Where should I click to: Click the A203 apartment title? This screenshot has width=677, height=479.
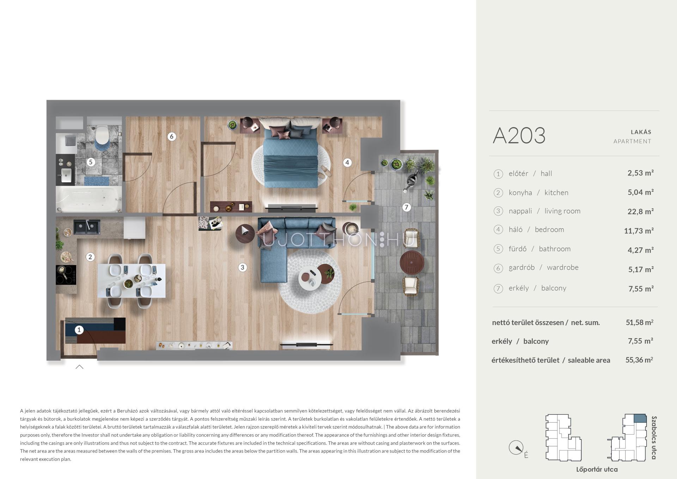[519, 136]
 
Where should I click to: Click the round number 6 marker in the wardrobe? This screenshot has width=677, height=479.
[172, 136]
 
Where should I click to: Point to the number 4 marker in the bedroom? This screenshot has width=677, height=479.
[347, 162]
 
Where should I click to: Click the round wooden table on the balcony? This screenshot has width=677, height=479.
[411, 262]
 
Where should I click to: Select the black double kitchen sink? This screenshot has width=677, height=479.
[87, 227]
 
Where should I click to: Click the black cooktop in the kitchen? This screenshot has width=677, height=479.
[66, 275]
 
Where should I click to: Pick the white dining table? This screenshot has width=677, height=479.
[132, 281]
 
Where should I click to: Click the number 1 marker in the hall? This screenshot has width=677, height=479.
[79, 330]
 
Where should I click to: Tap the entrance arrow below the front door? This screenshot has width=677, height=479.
[79, 367]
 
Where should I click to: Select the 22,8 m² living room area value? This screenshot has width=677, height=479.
[640, 211]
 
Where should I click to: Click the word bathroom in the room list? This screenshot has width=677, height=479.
[555, 249]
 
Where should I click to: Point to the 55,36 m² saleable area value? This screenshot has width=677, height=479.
[639, 360]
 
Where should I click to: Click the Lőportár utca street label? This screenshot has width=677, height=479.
[597, 469]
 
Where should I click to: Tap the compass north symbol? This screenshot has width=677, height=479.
[516, 448]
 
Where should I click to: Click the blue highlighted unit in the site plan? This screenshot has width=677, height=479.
[640, 418]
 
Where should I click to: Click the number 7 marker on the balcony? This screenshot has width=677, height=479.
[407, 207]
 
